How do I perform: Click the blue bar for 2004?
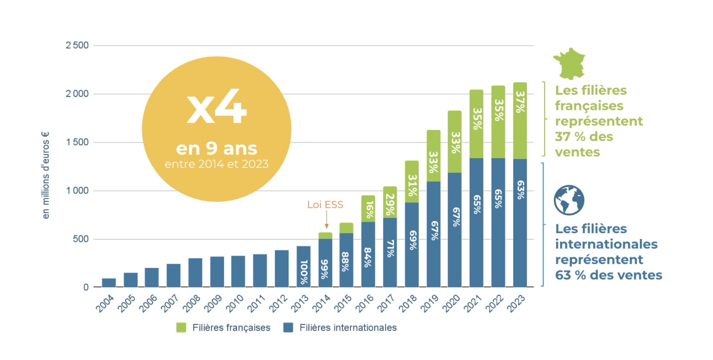109,283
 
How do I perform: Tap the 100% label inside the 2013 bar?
304,272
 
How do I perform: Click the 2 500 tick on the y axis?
77,45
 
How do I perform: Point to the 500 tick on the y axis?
80,239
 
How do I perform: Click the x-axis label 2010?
235,303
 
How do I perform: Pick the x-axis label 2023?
516,303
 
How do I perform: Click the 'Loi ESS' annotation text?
325,205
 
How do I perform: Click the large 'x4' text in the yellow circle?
216,106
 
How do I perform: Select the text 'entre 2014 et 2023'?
216,164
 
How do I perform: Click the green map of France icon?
569,63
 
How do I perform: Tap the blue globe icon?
569,200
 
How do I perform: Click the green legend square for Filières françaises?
181,328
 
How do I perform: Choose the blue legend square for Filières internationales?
288,328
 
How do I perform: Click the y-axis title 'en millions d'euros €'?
46,175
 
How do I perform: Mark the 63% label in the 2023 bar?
521,189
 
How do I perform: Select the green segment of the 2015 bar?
346,228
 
